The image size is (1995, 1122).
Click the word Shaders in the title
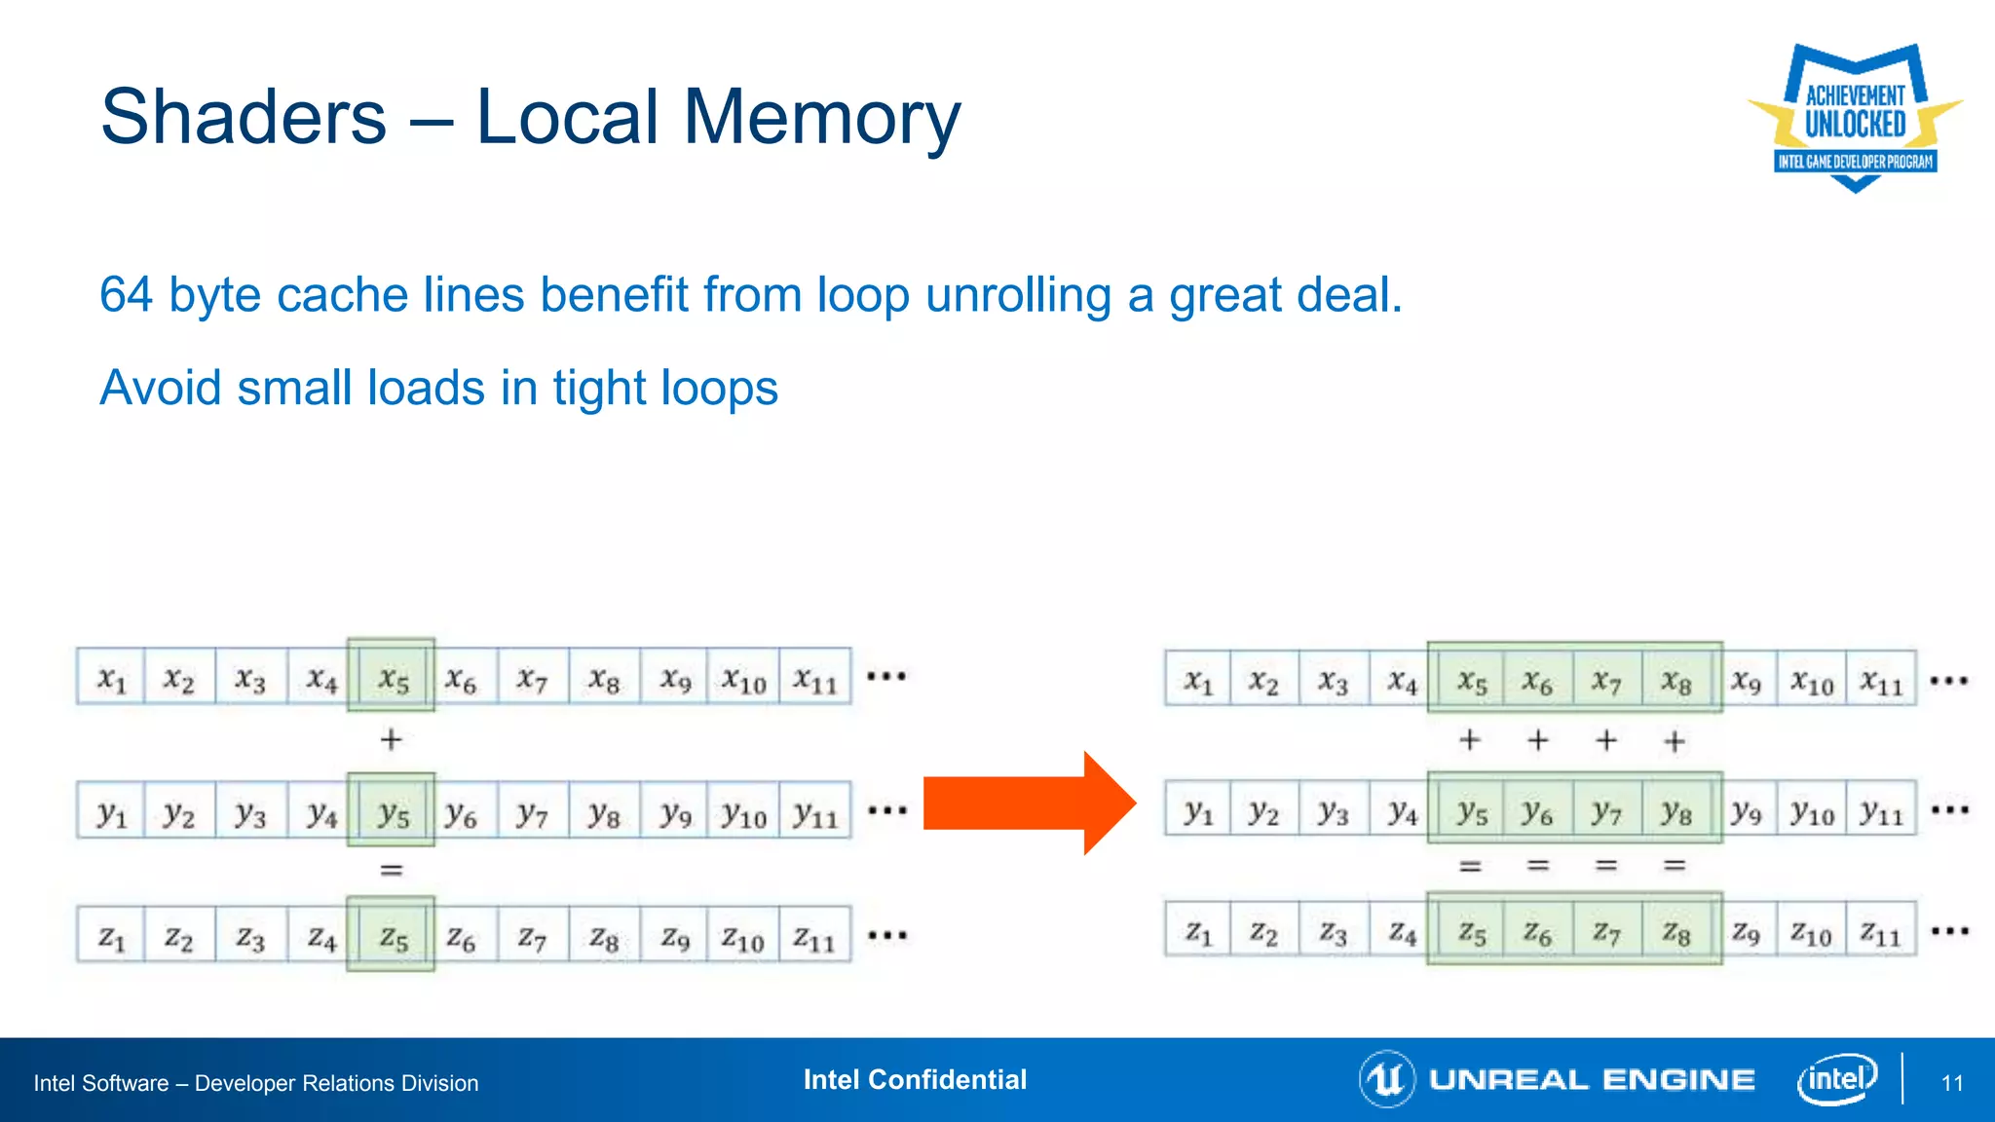click(244, 117)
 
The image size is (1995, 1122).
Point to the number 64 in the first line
click(126, 294)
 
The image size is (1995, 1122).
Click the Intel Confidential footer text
click(915, 1079)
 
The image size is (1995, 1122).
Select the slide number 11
click(1952, 1083)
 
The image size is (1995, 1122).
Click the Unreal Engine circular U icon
click(1386, 1078)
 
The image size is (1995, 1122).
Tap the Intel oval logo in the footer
click(1836, 1078)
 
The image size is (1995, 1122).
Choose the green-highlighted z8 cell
click(1676, 933)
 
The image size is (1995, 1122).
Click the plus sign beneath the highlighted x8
click(1675, 742)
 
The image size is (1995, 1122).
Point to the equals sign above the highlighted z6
click(1537, 865)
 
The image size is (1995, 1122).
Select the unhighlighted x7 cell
click(532, 678)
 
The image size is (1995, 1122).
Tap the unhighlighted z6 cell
click(461, 938)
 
